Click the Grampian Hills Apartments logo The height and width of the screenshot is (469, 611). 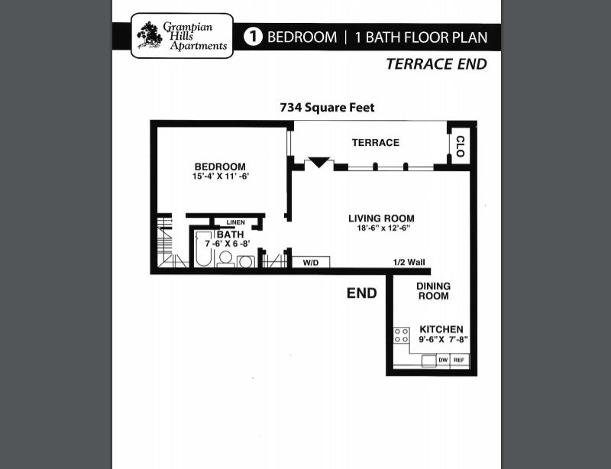pos(182,36)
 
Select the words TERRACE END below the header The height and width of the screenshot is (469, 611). pos(435,64)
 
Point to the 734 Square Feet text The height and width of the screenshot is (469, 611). pos(327,108)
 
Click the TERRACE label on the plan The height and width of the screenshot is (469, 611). pos(375,143)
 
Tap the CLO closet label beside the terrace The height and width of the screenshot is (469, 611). pos(460,147)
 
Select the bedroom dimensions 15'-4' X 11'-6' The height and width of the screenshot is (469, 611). pos(221,177)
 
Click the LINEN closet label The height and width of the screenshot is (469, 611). pos(235,222)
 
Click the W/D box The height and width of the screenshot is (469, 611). pos(311,263)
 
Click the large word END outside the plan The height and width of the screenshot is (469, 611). pos(361,293)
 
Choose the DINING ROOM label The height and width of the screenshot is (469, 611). pos(433,291)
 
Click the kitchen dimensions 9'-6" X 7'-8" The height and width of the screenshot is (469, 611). pos(442,339)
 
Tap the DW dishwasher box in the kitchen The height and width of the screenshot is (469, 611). pos(442,361)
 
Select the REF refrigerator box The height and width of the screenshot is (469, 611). pos(459,361)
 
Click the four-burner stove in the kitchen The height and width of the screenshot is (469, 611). pos(401,335)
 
